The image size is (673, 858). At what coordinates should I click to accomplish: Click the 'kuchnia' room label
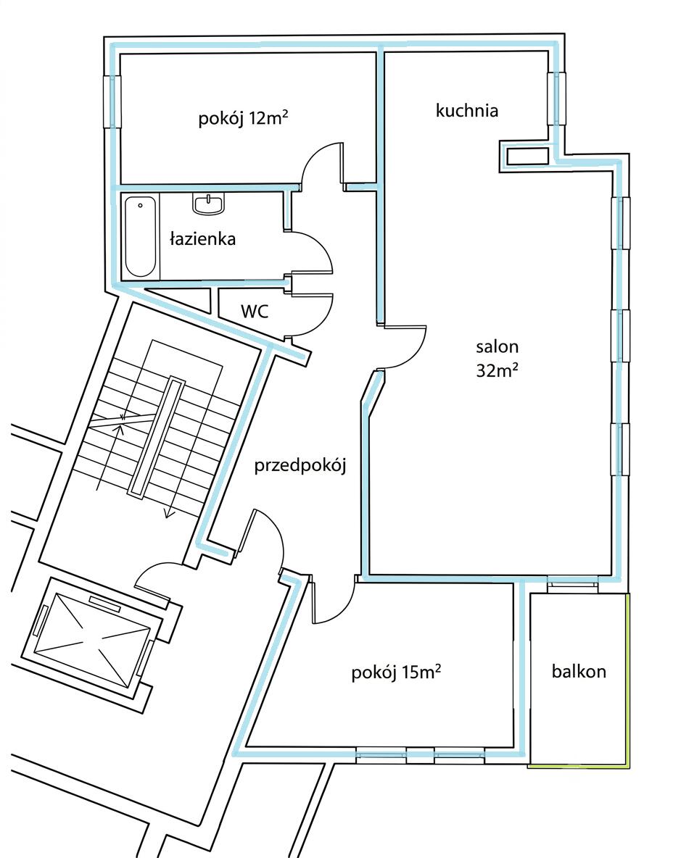(466, 111)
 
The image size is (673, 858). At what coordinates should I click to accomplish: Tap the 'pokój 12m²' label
(243, 118)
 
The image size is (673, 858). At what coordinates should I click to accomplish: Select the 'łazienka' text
(202, 238)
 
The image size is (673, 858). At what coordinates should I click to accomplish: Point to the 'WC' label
(255, 312)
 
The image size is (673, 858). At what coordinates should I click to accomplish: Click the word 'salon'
(497, 346)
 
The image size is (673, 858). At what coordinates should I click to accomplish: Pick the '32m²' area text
(497, 370)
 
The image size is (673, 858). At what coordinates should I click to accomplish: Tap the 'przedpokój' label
(300, 466)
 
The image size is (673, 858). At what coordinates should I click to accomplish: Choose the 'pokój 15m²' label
(397, 672)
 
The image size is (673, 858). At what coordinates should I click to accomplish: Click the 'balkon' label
(579, 671)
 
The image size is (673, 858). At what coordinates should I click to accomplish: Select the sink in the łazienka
(209, 204)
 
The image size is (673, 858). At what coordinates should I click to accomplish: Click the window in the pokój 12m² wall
(112, 101)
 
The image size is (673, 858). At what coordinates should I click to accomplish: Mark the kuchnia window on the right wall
(556, 99)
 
